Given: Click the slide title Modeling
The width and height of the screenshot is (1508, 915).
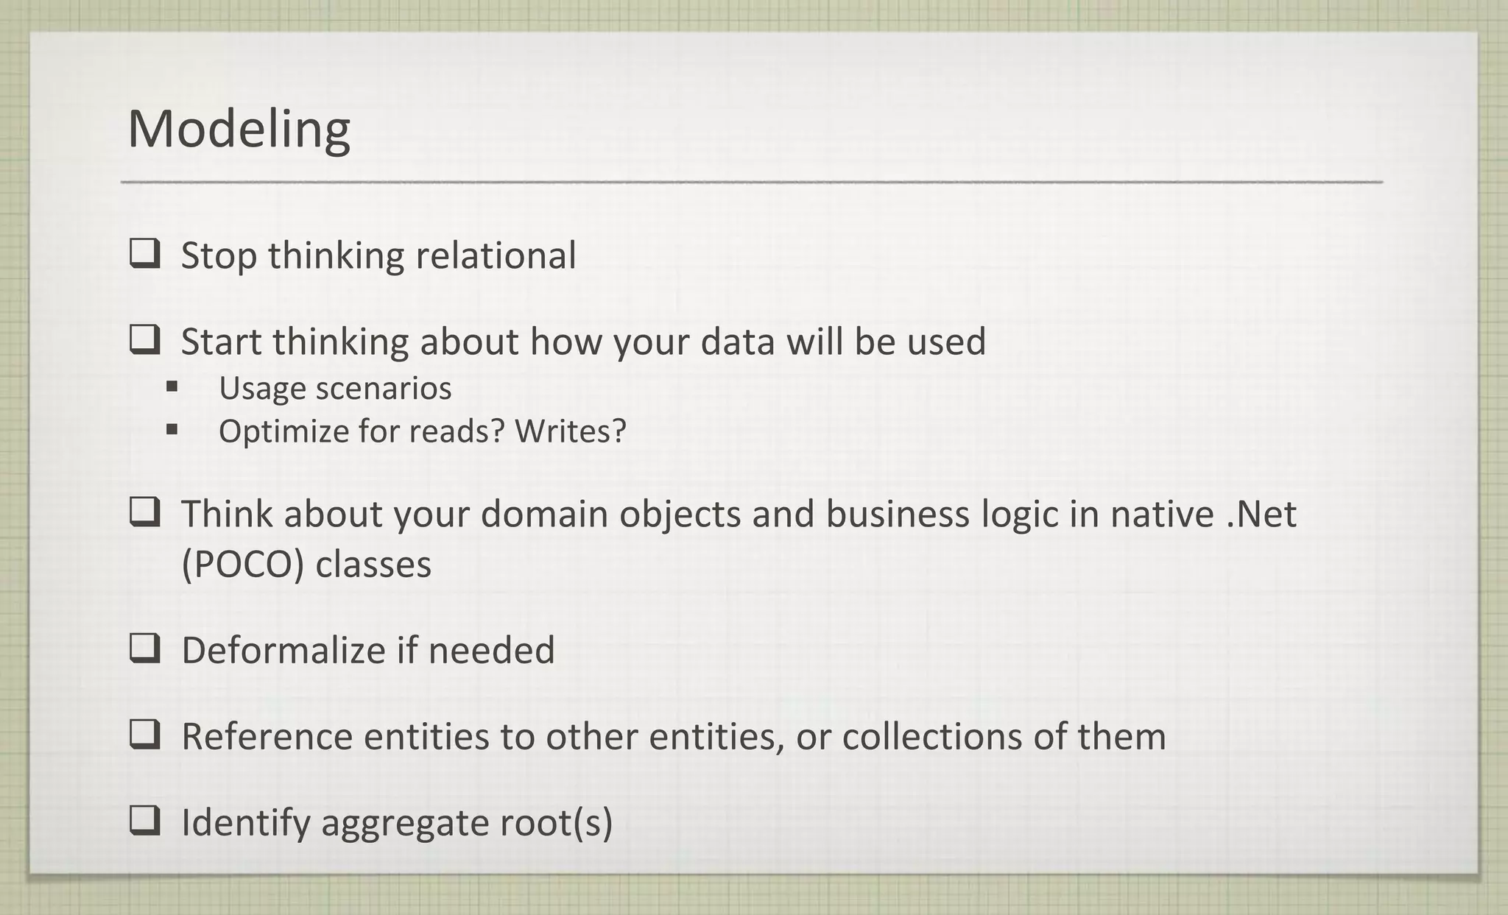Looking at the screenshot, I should point(239,130).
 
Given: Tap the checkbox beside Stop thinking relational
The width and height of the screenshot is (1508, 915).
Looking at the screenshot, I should point(144,254).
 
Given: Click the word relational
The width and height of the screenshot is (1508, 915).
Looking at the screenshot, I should point(496,255).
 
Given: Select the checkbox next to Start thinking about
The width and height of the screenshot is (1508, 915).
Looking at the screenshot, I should point(144,340).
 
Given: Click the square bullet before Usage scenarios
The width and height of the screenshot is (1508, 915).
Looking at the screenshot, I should point(172,386).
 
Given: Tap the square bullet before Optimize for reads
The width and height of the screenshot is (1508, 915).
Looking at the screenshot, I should point(172,428).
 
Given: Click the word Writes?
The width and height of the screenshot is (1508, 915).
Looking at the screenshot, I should point(570,431).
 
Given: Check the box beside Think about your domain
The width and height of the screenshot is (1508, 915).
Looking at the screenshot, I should point(144,512).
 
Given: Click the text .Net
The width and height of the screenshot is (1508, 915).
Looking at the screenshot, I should point(1261,513).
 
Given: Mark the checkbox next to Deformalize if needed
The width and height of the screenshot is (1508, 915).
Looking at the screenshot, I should point(144,649).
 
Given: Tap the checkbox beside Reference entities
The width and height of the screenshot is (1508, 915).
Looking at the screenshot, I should point(144,735).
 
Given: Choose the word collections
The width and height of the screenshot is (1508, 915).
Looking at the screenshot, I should point(931,736).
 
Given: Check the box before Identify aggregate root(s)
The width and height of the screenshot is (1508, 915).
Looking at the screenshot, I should point(144,820).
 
